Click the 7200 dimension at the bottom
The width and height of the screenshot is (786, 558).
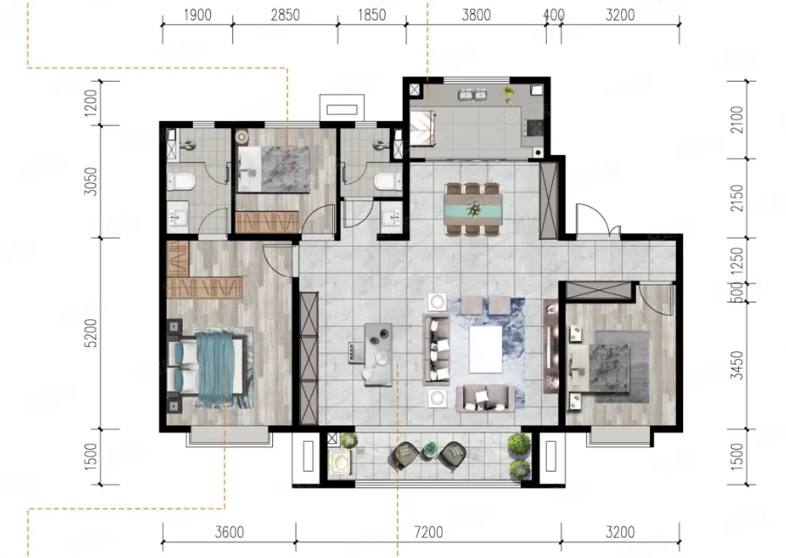tap(428, 532)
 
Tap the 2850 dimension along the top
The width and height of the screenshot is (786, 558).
tap(285, 15)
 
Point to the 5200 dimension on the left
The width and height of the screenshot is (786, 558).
tap(91, 333)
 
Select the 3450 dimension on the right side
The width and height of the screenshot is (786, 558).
tap(736, 365)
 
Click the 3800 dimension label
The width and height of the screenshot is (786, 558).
tap(476, 15)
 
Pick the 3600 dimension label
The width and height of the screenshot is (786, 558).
tap(229, 532)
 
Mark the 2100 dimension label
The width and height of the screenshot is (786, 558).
tap(736, 119)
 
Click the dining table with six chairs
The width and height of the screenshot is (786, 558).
tap(473, 209)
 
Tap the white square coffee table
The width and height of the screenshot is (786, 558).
tap(485, 349)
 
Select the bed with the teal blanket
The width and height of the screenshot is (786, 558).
tap(210, 367)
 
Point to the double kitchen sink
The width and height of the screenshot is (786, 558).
tap(473, 94)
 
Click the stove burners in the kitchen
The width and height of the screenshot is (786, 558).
tap(533, 127)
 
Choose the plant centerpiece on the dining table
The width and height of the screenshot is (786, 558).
tap(473, 208)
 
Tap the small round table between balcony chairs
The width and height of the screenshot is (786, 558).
tap(429, 449)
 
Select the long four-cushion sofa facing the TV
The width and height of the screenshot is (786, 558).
tap(436, 349)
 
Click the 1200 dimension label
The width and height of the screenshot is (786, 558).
tap(91, 103)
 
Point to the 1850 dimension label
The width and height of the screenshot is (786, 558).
tap(372, 15)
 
